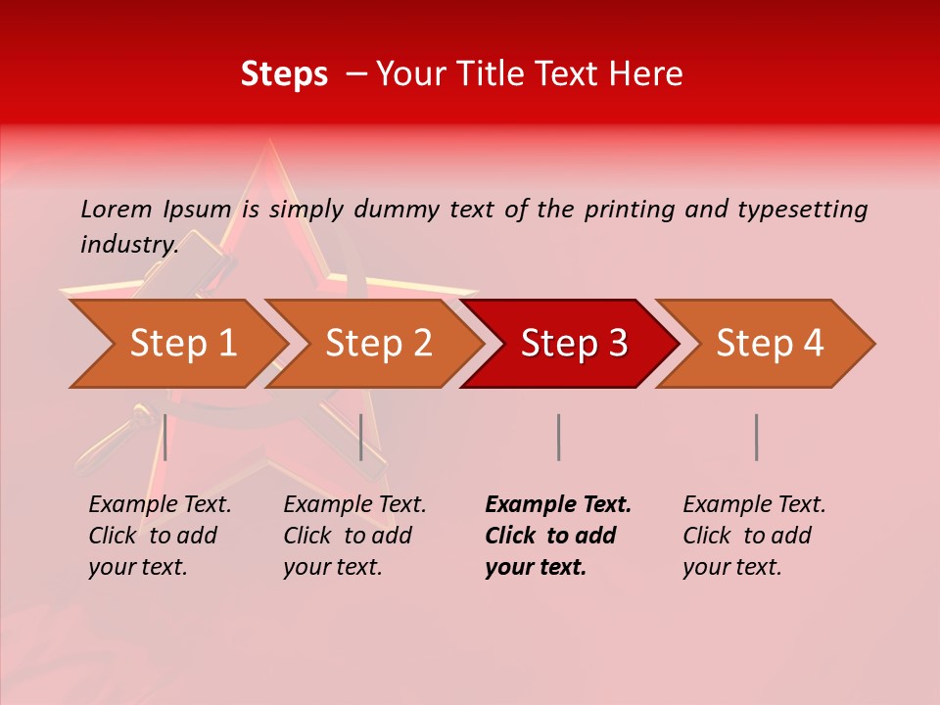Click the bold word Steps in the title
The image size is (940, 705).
[x=284, y=74]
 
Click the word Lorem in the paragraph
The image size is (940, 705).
[x=116, y=209]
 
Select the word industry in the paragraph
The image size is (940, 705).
[x=128, y=244]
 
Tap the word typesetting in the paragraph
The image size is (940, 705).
[x=802, y=209]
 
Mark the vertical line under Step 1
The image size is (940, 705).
[x=165, y=437]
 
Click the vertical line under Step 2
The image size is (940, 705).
[x=361, y=437]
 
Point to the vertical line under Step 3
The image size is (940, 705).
[x=558, y=437]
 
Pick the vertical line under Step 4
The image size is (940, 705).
[x=756, y=437]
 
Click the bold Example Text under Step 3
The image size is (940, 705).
[x=558, y=505]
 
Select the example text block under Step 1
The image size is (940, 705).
[x=160, y=536]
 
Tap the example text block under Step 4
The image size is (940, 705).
[x=754, y=536]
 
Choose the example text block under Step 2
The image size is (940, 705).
[x=354, y=536]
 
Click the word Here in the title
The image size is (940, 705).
[x=645, y=74]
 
